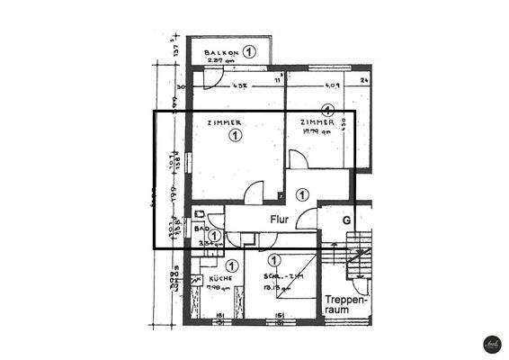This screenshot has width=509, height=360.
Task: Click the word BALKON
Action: tap(219, 52)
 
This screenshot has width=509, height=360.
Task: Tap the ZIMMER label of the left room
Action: tap(224, 122)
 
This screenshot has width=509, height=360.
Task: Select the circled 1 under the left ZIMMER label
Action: tap(235, 136)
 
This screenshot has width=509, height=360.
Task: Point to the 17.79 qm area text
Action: tap(319, 130)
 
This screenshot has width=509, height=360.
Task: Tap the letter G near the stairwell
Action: tap(345, 219)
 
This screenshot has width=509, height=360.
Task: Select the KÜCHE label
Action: tap(220, 279)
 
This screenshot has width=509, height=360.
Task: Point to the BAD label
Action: tap(202, 229)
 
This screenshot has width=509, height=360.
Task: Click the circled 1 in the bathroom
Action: tap(214, 237)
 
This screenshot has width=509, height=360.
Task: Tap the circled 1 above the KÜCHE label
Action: tap(232, 265)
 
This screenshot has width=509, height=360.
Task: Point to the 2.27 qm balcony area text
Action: tap(219, 62)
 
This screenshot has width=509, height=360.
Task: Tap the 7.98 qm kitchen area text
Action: tap(219, 288)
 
